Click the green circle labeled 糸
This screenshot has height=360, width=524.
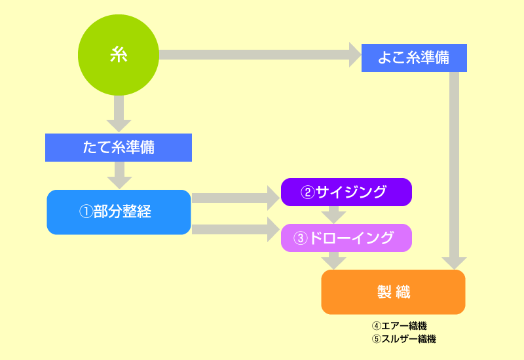click(119, 56)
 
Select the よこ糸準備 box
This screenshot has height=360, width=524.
click(414, 57)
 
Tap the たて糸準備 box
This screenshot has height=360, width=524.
click(119, 147)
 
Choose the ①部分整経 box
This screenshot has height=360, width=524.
click(119, 212)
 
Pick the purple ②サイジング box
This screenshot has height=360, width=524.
click(346, 192)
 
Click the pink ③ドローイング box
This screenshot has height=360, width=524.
click(346, 238)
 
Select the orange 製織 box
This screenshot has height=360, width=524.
click(393, 292)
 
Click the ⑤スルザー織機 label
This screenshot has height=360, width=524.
click(403, 339)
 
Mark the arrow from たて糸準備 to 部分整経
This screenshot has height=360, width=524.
click(119, 175)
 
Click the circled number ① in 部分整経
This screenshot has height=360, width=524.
click(86, 212)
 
